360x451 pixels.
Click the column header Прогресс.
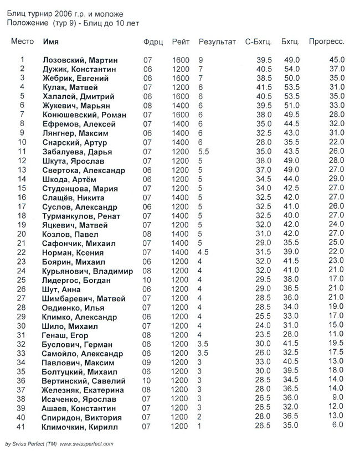point(326,42)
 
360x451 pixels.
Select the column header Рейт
point(181,42)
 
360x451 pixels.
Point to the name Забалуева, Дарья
point(77,152)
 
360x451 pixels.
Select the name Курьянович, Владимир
point(88,271)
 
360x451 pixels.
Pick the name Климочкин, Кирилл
point(80,427)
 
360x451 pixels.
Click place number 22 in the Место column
point(22,252)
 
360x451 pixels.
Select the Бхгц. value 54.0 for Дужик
point(291,69)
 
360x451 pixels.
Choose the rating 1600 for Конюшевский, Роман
point(181,115)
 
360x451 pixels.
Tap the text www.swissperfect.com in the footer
point(86,444)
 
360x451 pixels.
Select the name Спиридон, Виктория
point(80,417)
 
